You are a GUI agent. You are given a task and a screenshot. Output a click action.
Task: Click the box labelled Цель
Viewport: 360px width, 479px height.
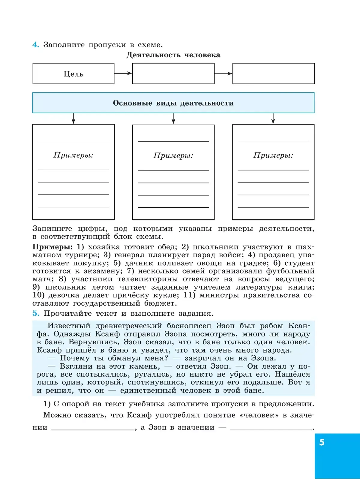[x=73, y=74]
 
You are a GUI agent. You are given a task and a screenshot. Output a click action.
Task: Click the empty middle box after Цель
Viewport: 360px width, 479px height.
[x=173, y=74]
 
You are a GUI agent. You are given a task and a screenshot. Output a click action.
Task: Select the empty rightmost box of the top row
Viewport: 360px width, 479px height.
[x=273, y=74]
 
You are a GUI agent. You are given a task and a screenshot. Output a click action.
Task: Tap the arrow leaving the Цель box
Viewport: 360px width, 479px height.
[x=123, y=73]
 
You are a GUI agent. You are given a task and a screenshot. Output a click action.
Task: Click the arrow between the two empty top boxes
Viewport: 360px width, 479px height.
[x=223, y=74]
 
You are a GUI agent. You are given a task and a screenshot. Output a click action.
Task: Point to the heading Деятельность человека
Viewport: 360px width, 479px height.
[x=173, y=55]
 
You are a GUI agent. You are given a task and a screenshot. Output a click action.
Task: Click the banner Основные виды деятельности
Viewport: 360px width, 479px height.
[x=173, y=103]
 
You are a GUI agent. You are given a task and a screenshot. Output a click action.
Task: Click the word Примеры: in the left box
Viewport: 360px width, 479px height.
[x=73, y=155]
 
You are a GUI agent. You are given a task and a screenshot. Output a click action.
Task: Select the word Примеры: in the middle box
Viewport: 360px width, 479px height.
[x=173, y=156]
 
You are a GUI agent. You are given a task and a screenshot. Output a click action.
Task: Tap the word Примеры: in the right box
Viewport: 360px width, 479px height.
[x=273, y=155]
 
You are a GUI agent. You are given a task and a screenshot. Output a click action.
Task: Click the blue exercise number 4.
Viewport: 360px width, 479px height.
[x=36, y=45]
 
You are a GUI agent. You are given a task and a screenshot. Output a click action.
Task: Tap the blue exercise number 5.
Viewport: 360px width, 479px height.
[x=36, y=313]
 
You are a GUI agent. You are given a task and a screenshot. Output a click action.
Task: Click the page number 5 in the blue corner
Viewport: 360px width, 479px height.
[x=322, y=442]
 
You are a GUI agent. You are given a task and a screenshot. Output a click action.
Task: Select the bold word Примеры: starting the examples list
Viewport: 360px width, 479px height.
[x=52, y=247]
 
